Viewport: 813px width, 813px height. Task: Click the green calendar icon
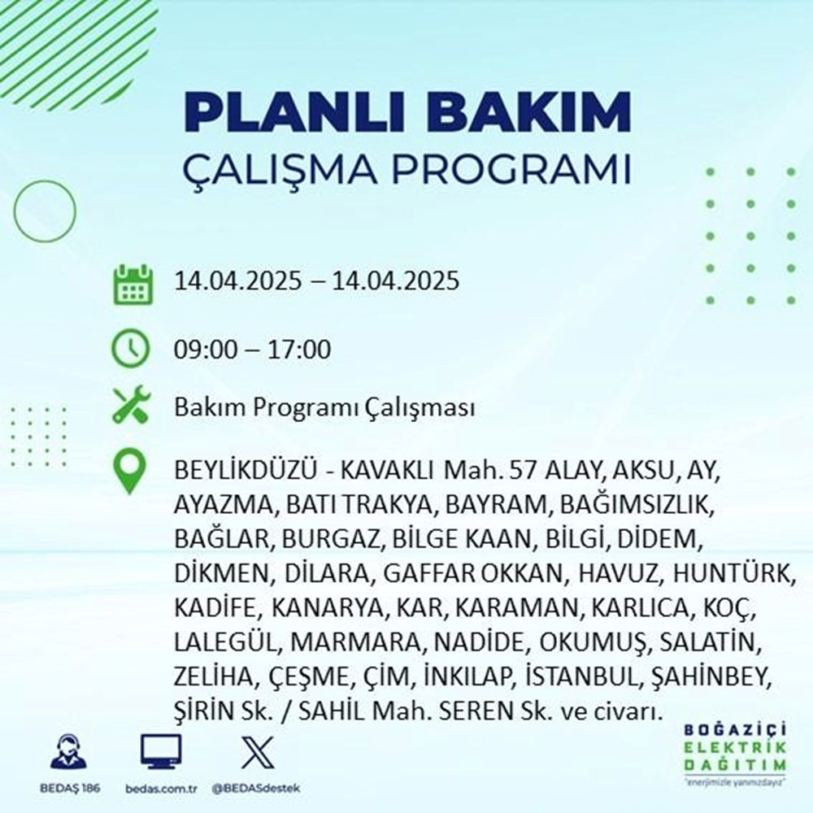tap(131, 282)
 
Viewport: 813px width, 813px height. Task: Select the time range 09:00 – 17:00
tap(252, 351)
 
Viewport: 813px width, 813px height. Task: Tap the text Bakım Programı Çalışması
tap(324, 408)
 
